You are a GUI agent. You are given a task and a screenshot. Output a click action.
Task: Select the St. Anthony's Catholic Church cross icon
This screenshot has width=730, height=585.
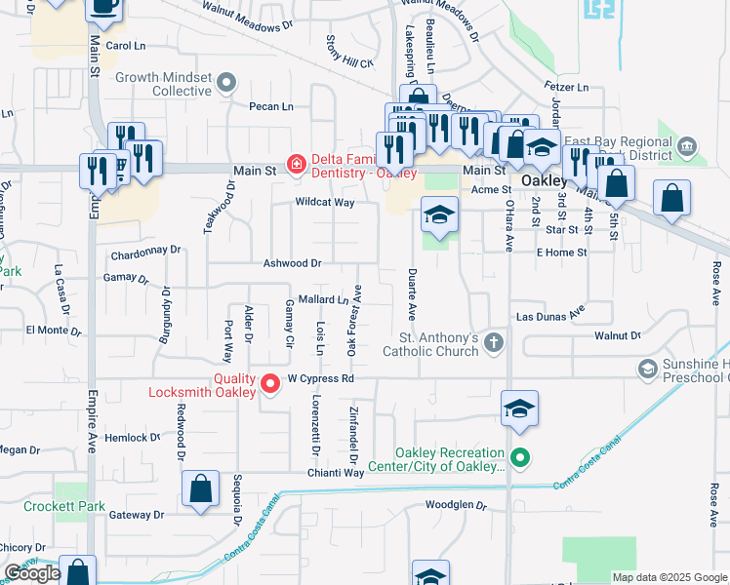pyautogui.click(x=494, y=342)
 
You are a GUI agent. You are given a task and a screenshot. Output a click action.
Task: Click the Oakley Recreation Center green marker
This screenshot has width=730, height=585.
pyautogui.click(x=520, y=456)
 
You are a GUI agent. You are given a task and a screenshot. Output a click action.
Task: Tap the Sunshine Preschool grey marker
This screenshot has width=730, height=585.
pyautogui.click(x=647, y=369)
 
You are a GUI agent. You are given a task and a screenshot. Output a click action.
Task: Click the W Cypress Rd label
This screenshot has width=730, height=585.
pyautogui.click(x=318, y=379)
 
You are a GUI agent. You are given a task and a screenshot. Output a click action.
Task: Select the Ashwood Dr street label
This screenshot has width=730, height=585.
pyautogui.click(x=292, y=263)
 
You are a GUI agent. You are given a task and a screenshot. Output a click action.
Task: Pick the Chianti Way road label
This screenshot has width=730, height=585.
pyautogui.click(x=338, y=472)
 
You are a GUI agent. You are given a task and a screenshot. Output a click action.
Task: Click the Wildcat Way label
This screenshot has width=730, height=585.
pyautogui.click(x=325, y=203)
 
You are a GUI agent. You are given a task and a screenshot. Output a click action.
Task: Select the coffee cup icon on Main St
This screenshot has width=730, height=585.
pyautogui.click(x=104, y=8)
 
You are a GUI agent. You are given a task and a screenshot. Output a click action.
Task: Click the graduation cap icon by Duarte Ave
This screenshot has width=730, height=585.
pyautogui.click(x=440, y=214)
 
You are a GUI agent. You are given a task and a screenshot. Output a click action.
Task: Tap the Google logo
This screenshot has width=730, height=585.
pyautogui.click(x=32, y=573)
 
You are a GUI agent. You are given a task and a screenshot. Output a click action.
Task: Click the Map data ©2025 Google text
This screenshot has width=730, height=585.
pyautogui.click(x=669, y=577)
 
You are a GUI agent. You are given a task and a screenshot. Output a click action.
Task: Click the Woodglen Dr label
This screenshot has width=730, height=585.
pyautogui.click(x=456, y=505)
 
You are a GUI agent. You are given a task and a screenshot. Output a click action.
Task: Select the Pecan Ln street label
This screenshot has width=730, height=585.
pyautogui.click(x=270, y=106)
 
